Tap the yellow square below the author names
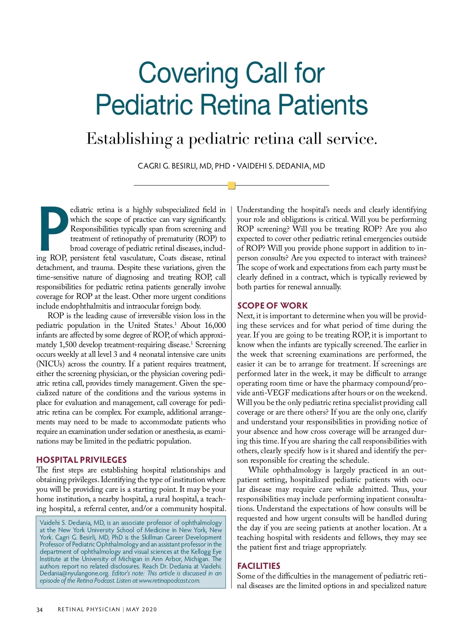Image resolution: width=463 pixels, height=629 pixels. pyautogui.click(x=231, y=185)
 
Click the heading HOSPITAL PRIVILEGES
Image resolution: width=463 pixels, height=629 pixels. pyautogui.click(x=81, y=460)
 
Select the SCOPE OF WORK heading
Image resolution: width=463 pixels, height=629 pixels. pyautogui.click(x=272, y=305)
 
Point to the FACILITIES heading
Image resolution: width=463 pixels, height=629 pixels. pyautogui.click(x=259, y=566)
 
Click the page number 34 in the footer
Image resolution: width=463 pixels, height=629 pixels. pyautogui.click(x=39, y=610)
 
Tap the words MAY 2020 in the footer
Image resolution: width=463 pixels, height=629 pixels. pyautogui.click(x=142, y=609)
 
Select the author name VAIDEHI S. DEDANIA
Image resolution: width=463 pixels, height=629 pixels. pyautogui.click(x=281, y=166)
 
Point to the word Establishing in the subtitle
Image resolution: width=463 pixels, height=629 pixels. pyautogui.click(x=129, y=139)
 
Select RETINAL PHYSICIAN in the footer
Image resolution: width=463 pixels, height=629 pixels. pyautogui.click(x=89, y=609)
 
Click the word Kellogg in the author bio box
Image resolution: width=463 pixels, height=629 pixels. pyautogui.click(x=201, y=551)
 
